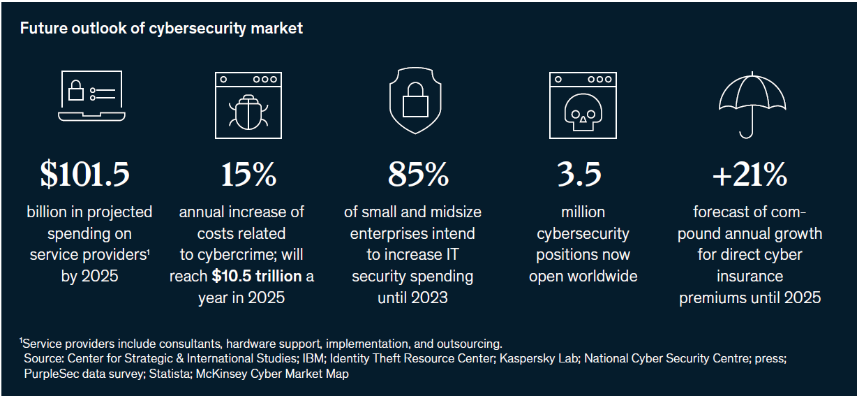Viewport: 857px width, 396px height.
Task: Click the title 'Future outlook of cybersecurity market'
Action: click(161, 29)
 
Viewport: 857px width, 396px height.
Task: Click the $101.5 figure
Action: click(84, 175)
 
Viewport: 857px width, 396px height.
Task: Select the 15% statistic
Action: click(248, 175)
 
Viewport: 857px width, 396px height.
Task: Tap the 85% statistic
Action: click(417, 175)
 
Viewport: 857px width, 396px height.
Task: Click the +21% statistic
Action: click(750, 175)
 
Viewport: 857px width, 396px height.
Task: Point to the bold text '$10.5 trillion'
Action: click(256, 277)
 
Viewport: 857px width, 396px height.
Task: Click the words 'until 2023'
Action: click(412, 298)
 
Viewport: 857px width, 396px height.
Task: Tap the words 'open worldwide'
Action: click(583, 277)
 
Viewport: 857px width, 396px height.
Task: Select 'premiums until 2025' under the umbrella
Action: click(750, 298)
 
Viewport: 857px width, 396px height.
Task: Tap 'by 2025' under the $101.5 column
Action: click(89, 277)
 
